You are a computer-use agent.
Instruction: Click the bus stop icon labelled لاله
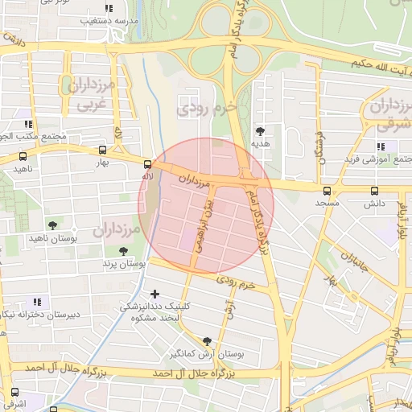click(x=146, y=166)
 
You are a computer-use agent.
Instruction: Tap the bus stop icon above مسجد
click(x=327, y=192)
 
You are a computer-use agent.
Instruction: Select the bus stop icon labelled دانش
click(x=374, y=192)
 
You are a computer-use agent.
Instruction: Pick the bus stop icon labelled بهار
click(x=102, y=150)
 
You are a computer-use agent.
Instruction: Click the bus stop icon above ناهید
click(x=21, y=156)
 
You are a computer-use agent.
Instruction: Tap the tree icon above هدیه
click(x=260, y=130)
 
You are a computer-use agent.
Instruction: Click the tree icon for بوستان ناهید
click(x=52, y=225)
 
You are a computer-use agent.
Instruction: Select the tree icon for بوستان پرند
click(x=123, y=252)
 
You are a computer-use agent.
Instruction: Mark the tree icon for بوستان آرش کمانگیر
click(x=208, y=341)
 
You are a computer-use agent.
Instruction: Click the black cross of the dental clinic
click(x=154, y=295)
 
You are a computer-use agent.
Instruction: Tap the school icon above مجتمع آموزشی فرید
click(x=381, y=146)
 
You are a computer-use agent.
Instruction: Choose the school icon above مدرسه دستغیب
click(x=109, y=8)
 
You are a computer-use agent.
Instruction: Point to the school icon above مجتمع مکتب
click(x=29, y=125)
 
